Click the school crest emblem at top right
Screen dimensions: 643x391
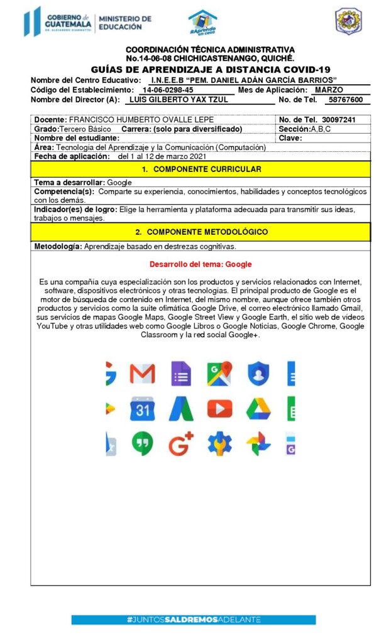coord(348,21)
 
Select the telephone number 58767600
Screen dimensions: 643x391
coord(345,100)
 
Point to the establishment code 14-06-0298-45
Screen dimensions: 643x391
coord(167,90)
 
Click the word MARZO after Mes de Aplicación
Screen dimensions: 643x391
coord(329,90)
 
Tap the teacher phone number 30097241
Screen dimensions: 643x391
coord(338,119)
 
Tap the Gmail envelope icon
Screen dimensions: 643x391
coord(142,374)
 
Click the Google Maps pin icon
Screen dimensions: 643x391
coord(219,374)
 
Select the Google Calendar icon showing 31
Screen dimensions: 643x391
coord(142,409)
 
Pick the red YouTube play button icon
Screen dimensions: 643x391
coord(219,409)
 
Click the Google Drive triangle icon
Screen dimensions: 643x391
coord(258,409)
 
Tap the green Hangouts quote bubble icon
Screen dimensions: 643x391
coord(142,444)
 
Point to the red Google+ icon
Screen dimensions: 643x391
coord(181,444)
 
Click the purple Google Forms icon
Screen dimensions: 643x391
coord(181,374)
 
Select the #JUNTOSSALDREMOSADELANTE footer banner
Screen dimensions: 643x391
coord(194,619)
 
